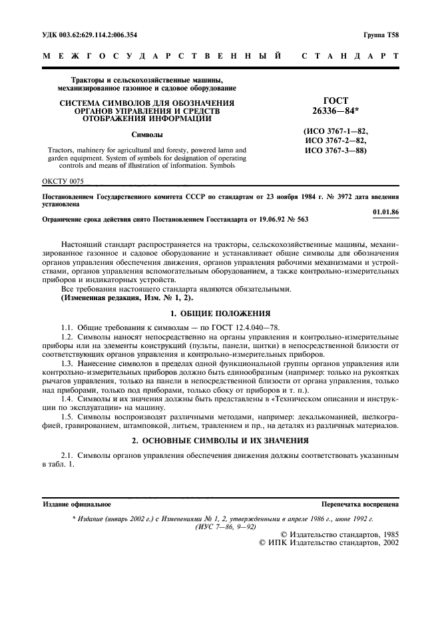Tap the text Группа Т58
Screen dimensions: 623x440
point(381,34)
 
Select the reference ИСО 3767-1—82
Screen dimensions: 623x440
point(335,132)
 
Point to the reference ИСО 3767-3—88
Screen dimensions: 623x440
point(335,150)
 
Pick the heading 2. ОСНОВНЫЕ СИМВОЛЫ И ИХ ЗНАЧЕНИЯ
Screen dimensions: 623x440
point(220,442)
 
